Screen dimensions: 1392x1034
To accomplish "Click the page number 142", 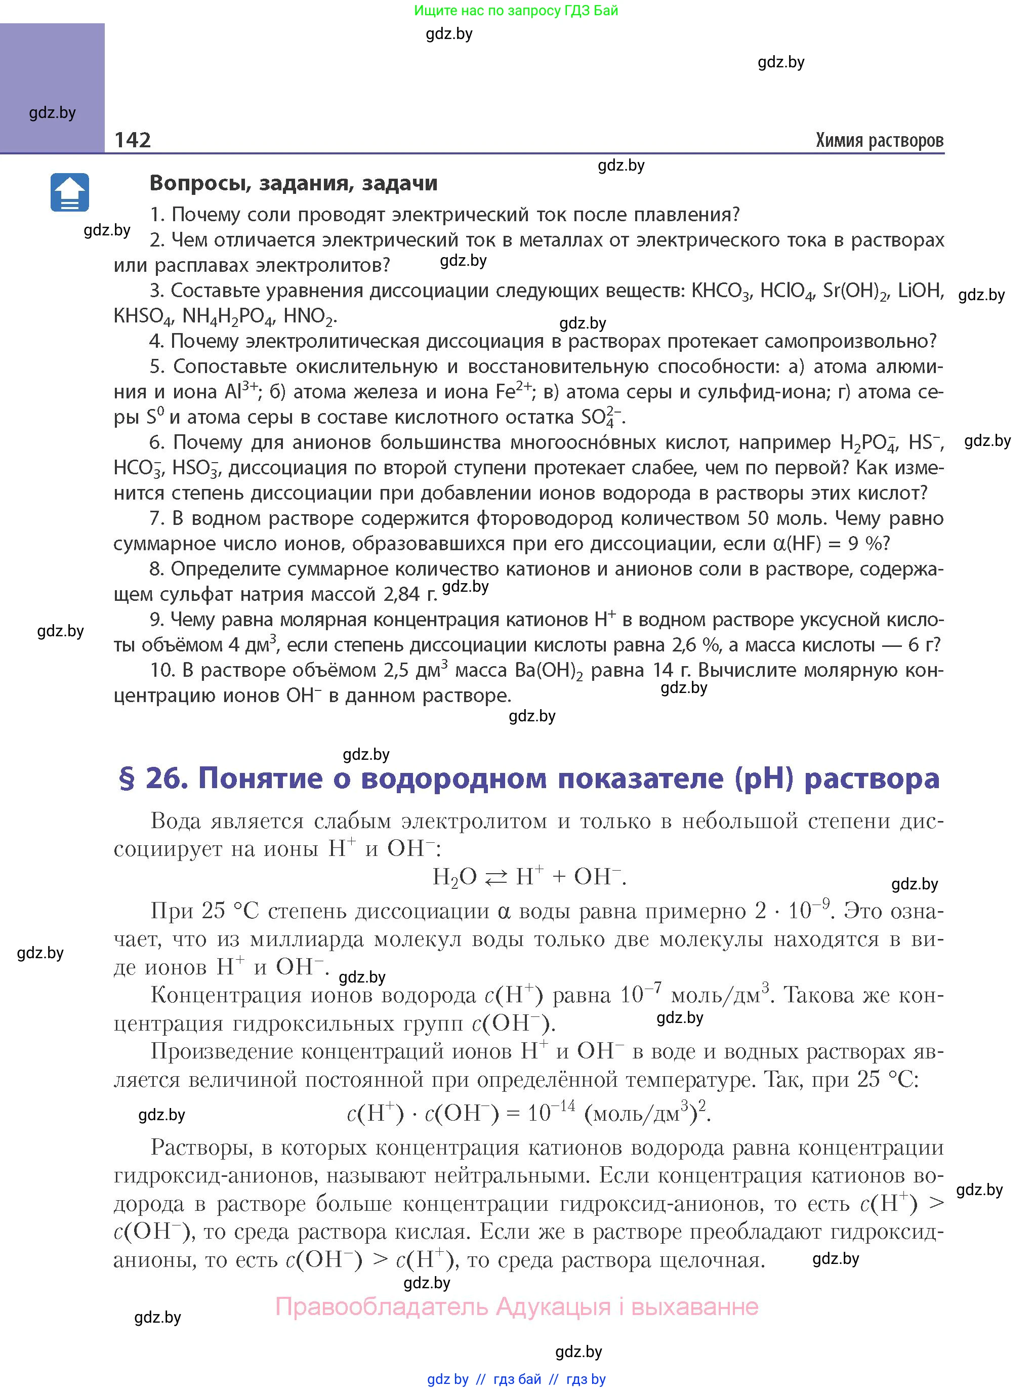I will (x=133, y=140).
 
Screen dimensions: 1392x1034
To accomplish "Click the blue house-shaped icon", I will (x=69, y=192).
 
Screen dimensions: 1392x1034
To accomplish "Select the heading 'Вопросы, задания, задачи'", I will (x=294, y=183).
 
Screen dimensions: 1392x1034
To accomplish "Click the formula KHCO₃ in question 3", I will (x=720, y=291).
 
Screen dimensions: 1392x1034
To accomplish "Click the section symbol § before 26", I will (x=127, y=779).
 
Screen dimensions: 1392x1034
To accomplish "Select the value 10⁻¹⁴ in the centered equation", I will (x=551, y=1111).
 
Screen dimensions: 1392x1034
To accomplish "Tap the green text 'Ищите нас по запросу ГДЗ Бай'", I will (x=516, y=10).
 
